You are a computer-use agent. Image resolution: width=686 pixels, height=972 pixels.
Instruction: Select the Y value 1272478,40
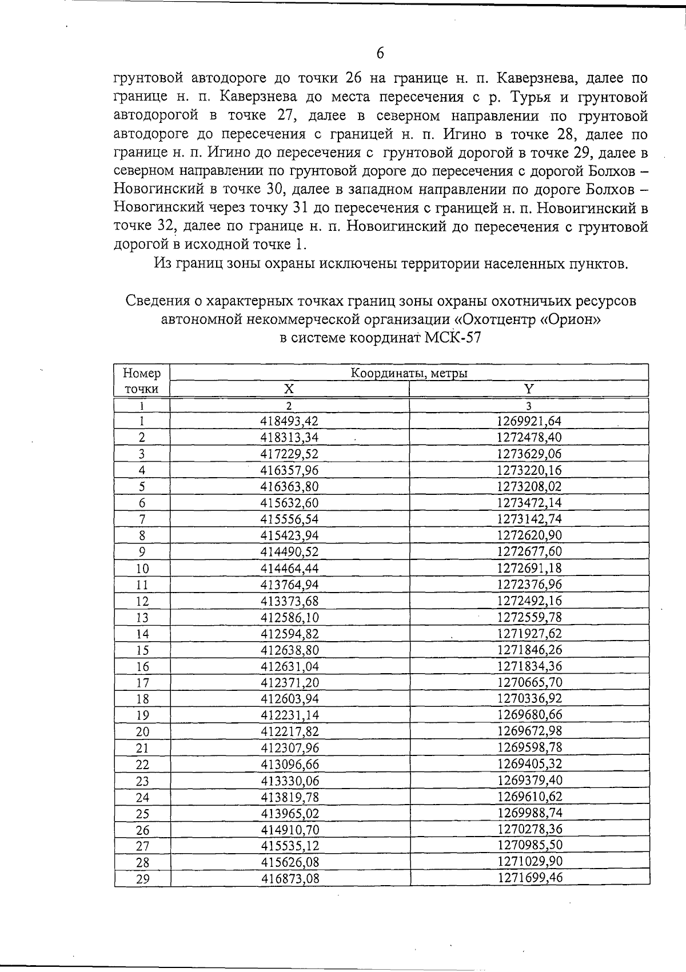click(x=529, y=438)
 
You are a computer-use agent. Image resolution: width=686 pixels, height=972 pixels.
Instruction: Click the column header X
click(x=290, y=389)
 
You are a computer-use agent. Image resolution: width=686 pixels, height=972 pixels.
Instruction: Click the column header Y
click(x=529, y=389)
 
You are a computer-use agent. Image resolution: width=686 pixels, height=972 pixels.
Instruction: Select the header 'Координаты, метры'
click(x=409, y=374)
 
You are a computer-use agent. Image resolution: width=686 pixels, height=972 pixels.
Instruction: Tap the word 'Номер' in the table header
click(x=142, y=374)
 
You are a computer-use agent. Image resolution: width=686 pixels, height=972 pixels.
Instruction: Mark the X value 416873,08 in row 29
click(x=290, y=878)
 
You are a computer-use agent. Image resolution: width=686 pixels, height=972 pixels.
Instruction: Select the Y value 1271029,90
click(x=529, y=862)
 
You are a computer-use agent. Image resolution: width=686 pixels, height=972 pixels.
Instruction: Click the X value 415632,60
click(x=290, y=503)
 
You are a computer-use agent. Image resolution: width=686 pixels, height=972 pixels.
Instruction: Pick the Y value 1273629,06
click(x=529, y=454)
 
